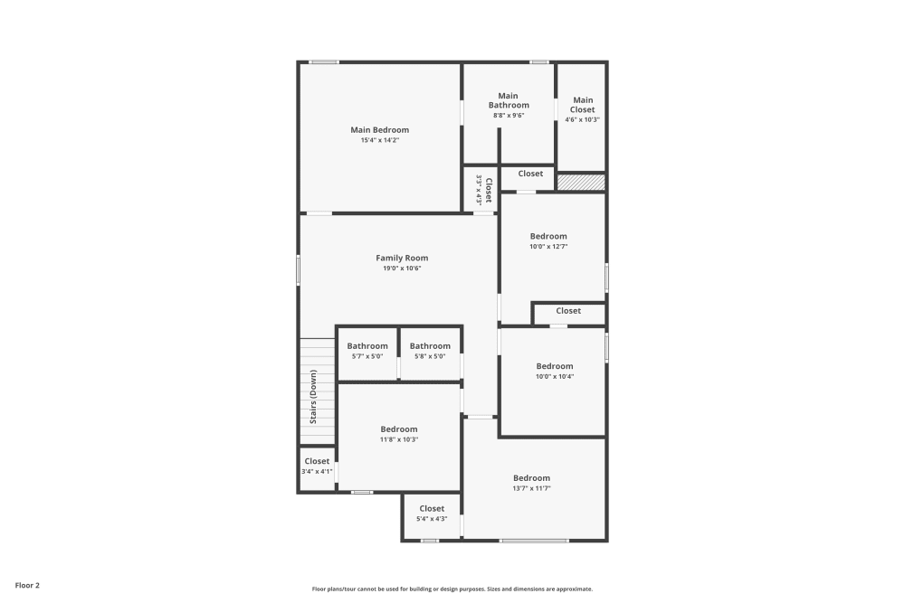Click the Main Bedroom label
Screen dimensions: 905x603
click(380, 129)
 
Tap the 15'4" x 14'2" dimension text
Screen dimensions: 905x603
click(380, 140)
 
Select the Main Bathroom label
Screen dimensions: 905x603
click(509, 100)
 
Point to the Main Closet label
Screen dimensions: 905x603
click(582, 104)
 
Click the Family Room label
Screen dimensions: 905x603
click(402, 258)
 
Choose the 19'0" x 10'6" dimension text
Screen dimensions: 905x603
click(402, 269)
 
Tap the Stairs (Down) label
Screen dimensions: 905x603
click(313, 397)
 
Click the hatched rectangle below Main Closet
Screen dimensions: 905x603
click(581, 183)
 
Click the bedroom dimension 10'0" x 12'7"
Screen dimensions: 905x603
click(548, 246)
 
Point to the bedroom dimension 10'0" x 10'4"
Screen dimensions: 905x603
click(554, 376)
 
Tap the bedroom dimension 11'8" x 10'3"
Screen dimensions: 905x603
click(399, 439)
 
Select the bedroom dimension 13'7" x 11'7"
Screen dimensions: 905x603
click(531, 488)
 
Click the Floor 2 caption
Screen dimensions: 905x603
click(27, 585)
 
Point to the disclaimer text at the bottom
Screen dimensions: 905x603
click(452, 589)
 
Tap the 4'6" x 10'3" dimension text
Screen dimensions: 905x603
click(582, 120)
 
